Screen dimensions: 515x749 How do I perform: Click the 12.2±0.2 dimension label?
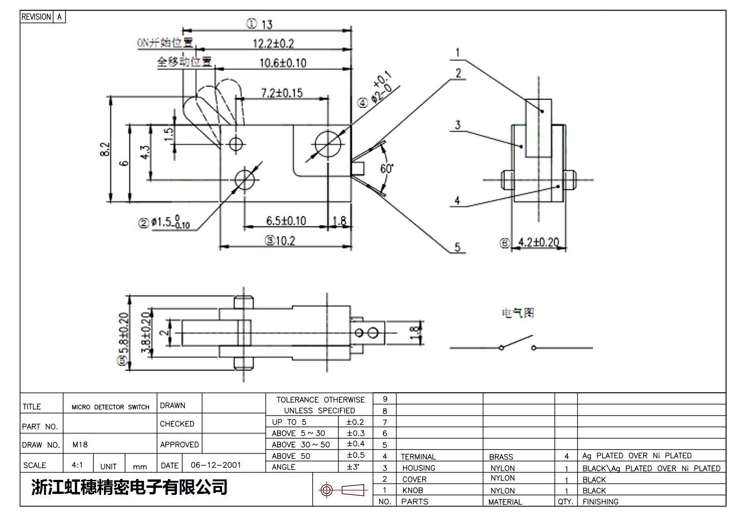click(x=273, y=44)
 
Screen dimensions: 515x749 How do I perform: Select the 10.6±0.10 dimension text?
click(x=283, y=63)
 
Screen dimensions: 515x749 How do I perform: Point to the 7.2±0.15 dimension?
click(x=282, y=93)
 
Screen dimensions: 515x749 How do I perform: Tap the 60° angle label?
click(x=387, y=169)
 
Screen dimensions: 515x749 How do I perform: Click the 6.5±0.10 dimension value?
click(x=286, y=221)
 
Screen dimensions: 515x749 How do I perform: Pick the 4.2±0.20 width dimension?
click(x=538, y=242)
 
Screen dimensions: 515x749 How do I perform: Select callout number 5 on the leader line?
click(x=457, y=247)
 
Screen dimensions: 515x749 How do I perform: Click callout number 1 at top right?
click(x=457, y=52)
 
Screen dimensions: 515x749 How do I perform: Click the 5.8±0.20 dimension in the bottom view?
click(x=123, y=335)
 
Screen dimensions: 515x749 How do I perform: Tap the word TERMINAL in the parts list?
click(x=418, y=456)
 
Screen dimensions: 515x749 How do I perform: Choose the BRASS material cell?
click(x=501, y=456)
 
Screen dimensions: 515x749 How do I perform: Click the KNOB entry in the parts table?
click(x=412, y=490)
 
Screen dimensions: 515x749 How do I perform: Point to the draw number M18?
click(x=80, y=444)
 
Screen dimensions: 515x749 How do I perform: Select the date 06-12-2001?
click(x=216, y=465)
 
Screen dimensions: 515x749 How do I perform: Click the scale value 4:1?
click(x=77, y=465)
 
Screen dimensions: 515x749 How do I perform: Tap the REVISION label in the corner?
click(x=36, y=17)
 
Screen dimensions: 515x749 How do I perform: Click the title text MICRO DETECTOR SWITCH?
click(x=110, y=407)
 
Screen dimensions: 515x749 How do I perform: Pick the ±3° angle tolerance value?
click(x=352, y=467)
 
